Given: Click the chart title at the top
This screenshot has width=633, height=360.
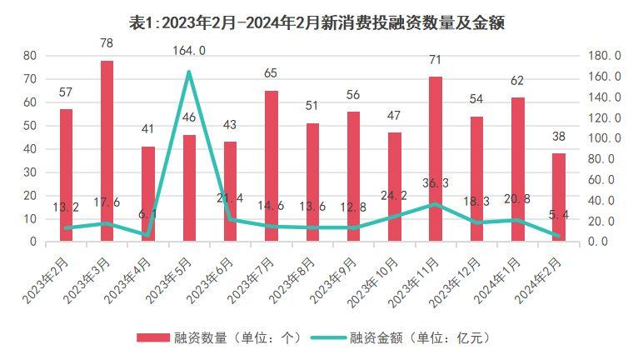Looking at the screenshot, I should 317,22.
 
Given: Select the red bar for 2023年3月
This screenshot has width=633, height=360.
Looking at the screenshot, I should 107,151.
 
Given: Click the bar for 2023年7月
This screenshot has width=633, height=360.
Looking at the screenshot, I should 271,166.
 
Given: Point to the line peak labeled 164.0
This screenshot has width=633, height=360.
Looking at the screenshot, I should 189,72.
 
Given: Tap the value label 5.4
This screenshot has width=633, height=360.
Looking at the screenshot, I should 558,215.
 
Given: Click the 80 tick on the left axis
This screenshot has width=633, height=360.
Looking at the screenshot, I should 30,55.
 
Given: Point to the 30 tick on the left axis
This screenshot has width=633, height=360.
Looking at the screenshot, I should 30,172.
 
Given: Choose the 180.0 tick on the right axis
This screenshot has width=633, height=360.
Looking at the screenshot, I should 605,55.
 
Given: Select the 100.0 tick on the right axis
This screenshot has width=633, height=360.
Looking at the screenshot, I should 605,138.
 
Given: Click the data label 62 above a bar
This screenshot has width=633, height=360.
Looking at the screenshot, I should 517,81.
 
